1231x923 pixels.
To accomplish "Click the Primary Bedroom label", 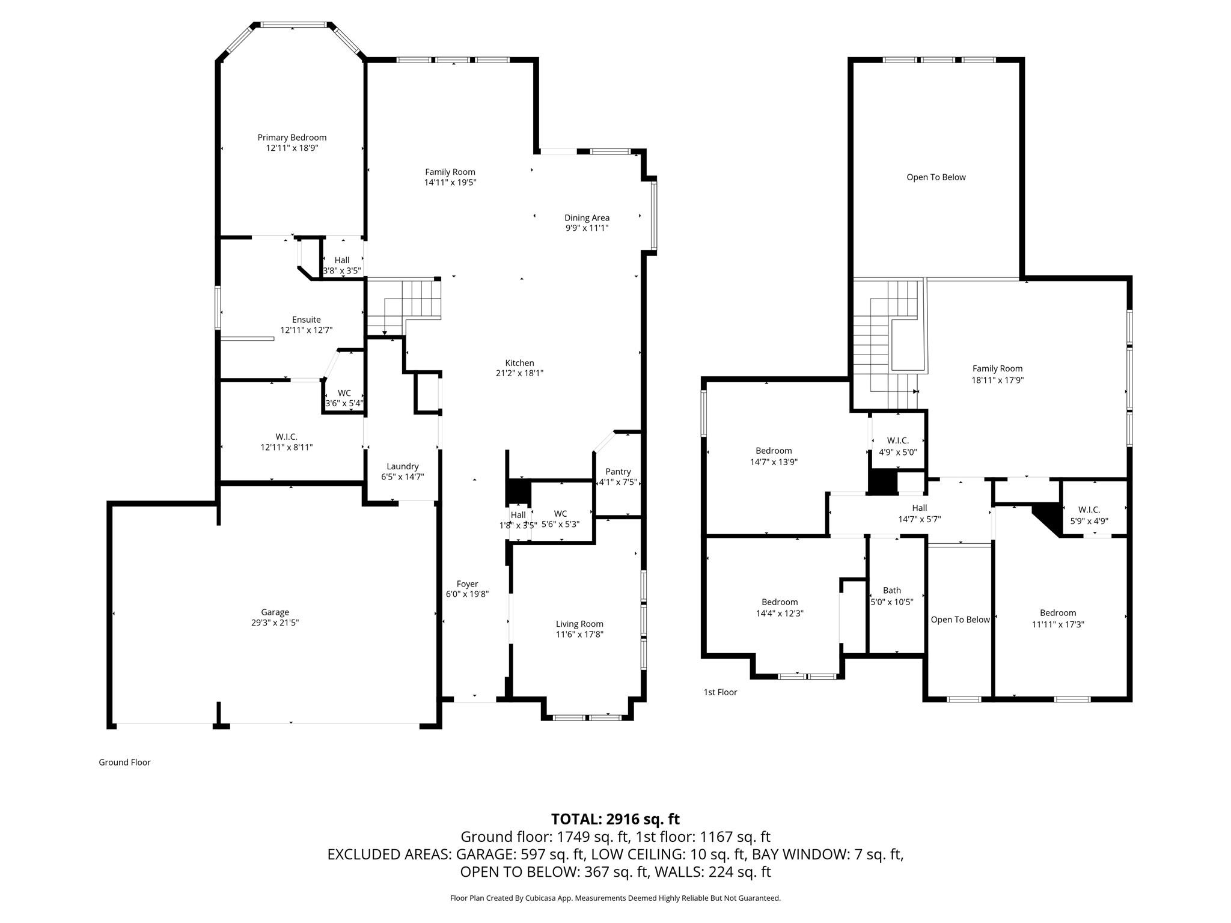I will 292,138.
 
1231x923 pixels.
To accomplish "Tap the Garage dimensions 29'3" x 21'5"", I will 275,623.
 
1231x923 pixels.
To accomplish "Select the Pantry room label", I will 618,472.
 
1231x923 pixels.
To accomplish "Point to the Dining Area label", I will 587,218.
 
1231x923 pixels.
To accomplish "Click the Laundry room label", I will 402,466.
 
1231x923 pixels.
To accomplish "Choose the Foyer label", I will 467,583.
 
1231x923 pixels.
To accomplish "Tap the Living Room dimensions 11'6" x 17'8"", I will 579,635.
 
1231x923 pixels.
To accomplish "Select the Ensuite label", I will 306,320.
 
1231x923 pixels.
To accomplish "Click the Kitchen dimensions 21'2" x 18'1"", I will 519,373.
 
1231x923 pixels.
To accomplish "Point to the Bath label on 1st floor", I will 892,591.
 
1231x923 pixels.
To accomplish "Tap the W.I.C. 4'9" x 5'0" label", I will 897,440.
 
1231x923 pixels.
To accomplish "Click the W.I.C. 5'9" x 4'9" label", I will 1089,510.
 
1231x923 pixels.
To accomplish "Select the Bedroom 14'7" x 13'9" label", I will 774,451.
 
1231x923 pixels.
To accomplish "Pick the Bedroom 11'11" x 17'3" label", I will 1058,613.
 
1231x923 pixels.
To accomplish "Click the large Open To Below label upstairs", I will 936,177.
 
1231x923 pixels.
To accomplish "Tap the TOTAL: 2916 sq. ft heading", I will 615,819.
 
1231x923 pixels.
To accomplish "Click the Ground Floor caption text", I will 124,763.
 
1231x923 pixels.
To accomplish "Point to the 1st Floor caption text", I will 720,692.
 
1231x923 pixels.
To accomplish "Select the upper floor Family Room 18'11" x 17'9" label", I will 997,369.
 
